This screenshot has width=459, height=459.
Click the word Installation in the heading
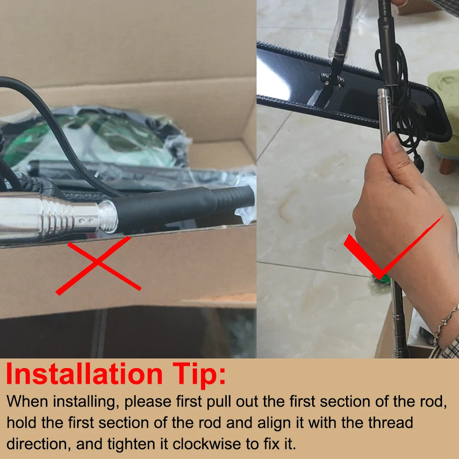[x=84, y=375]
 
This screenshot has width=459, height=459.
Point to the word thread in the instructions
[x=390, y=422]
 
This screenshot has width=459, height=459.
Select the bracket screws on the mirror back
[x=332, y=80]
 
